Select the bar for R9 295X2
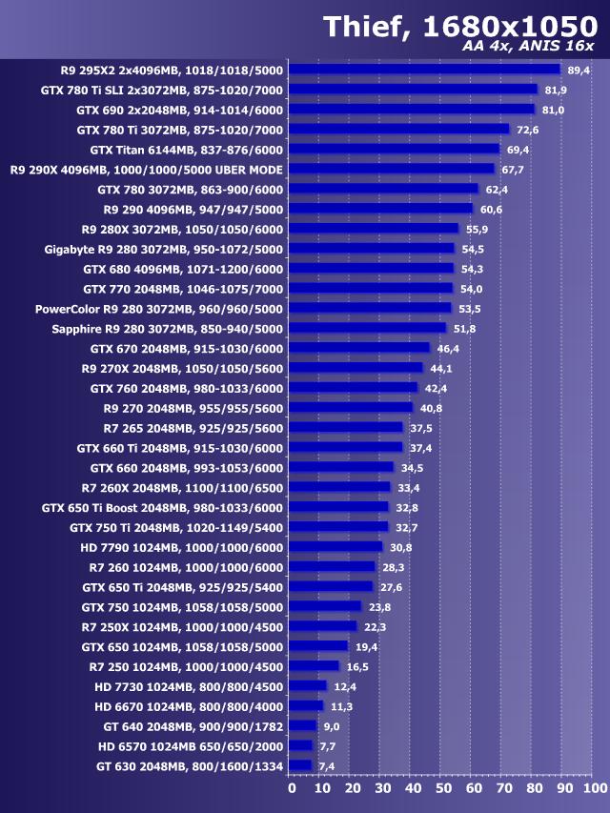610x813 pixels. [424, 70]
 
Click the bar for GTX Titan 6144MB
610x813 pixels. [394, 150]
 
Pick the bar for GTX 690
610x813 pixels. [412, 110]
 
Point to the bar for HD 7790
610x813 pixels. [335, 547]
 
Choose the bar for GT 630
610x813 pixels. [300, 765]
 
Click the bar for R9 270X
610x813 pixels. [356, 368]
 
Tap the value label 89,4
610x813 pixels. [579, 71]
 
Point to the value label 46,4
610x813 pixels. [448, 349]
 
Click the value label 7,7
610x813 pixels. [327, 746]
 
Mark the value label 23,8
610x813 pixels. [378, 607]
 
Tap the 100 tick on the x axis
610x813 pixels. [594, 789]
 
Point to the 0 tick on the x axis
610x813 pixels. [292, 789]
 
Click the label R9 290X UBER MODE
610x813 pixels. [147, 170]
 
